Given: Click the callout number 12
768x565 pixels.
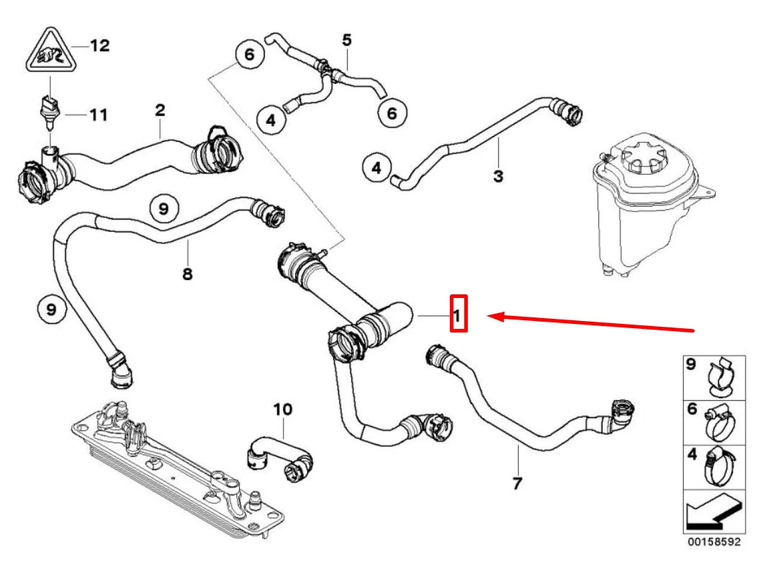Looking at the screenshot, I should [x=99, y=45].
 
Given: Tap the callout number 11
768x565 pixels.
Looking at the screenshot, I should [x=98, y=114].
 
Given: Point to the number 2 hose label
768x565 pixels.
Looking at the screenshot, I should [x=160, y=110].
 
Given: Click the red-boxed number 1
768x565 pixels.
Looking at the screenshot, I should [x=458, y=314].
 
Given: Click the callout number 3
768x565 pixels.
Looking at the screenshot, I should [x=498, y=176].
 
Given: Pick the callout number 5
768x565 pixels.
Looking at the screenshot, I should [x=347, y=40].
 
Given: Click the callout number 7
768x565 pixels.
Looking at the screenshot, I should [x=517, y=484].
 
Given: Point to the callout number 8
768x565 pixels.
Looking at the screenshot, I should [x=188, y=274].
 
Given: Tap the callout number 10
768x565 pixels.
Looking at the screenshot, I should [x=283, y=410].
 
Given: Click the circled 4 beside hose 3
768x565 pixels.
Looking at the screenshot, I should [x=376, y=168].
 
